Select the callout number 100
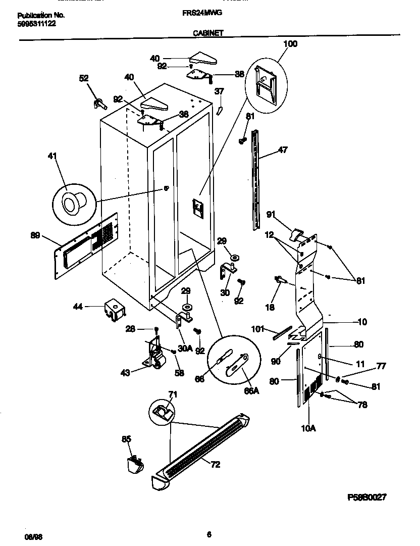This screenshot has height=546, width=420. [290, 44]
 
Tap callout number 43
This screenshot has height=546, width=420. [126, 372]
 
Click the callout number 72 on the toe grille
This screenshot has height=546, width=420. [215, 465]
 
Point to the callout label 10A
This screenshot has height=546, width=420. [308, 428]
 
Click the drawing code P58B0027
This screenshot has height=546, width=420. [366, 497]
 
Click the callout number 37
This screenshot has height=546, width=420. [219, 91]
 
